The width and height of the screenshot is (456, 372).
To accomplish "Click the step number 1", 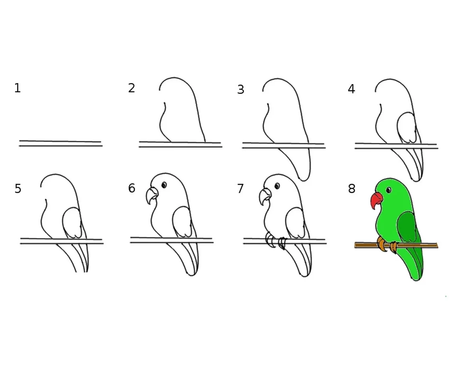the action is pyautogui.click(x=18, y=88).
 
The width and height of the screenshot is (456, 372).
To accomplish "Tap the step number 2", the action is pyautogui.click(x=132, y=88).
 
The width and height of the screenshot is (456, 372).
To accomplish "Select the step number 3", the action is pyautogui.click(x=240, y=90).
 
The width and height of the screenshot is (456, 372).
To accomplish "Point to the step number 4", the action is pyautogui.click(x=351, y=89).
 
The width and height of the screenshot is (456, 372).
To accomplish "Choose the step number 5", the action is pyautogui.click(x=18, y=189).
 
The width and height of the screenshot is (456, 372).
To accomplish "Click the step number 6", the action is pyautogui.click(x=132, y=188).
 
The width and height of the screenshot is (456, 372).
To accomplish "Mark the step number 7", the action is pyautogui.click(x=240, y=189).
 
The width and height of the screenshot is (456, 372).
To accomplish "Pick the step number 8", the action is pyautogui.click(x=352, y=189).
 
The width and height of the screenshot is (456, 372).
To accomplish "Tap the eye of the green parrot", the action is pyautogui.click(x=388, y=190).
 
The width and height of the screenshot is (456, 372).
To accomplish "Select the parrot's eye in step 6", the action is pyautogui.click(x=164, y=185).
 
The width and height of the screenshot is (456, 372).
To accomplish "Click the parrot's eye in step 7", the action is pyautogui.click(x=277, y=186).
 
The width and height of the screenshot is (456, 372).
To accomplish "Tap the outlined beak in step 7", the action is pyautogui.click(x=265, y=197).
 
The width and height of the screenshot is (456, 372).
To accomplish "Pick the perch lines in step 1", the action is pyautogui.click(x=60, y=143).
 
